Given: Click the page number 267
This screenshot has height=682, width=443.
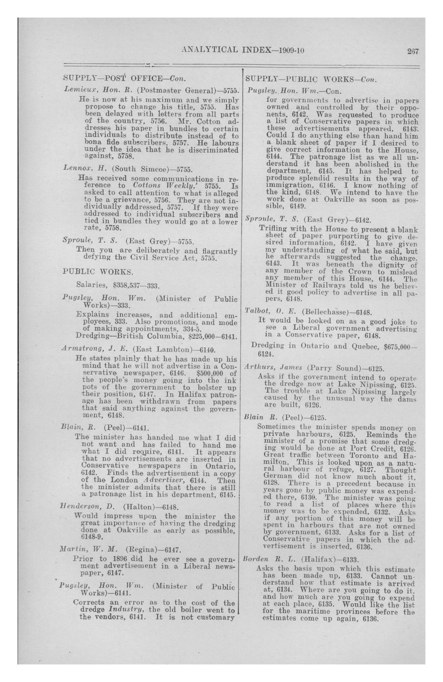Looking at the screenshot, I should point(413,52).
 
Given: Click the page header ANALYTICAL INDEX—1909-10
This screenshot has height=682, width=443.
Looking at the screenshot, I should point(243,50).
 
